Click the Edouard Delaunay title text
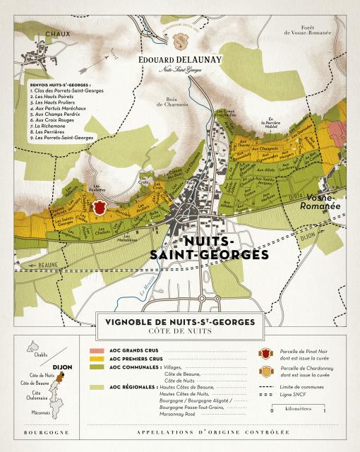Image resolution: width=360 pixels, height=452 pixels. (x=179, y=59)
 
